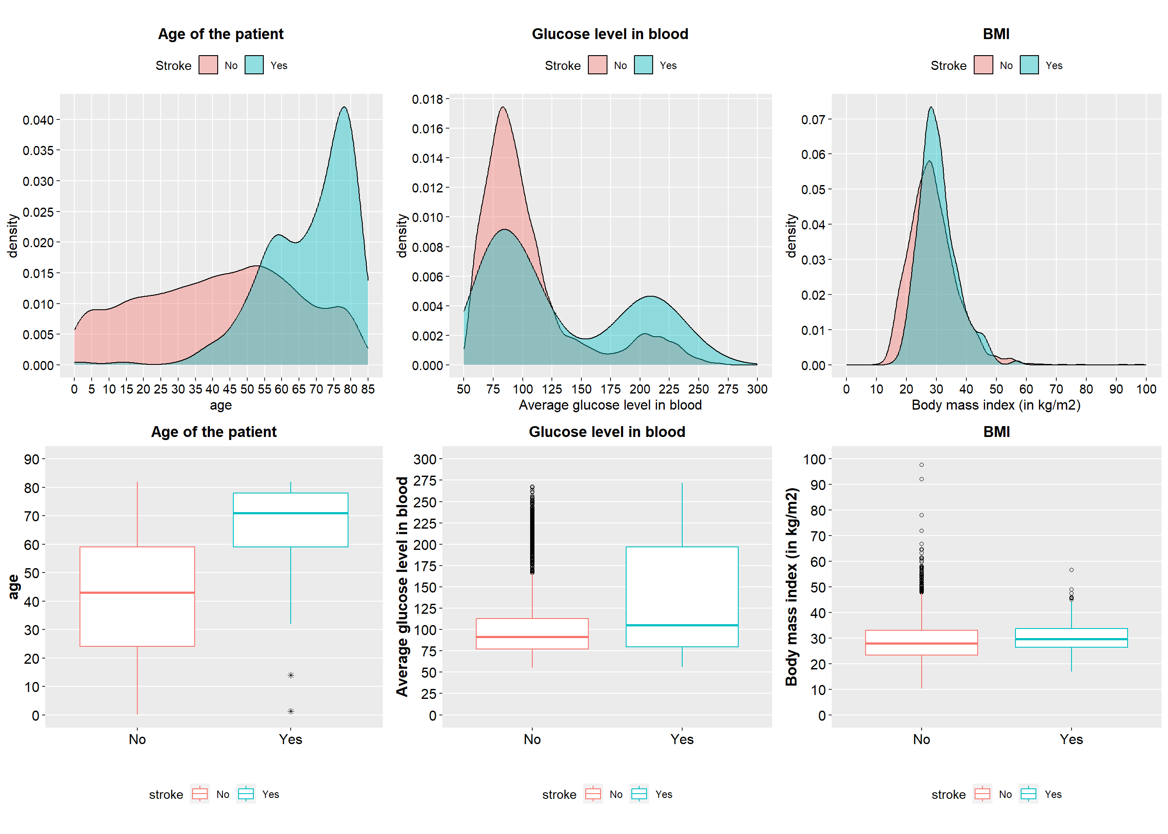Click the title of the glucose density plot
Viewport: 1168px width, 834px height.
pyautogui.click(x=610, y=34)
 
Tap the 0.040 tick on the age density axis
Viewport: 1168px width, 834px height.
pyautogui.click(x=39, y=120)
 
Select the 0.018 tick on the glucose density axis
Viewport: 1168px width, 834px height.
pyautogui.click(x=427, y=99)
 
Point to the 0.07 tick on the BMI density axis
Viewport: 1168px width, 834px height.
pyautogui.click(x=813, y=119)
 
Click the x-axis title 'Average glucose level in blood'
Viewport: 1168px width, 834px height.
pyautogui.click(x=610, y=405)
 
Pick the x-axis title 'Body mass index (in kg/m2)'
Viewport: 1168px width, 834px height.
pyautogui.click(x=995, y=405)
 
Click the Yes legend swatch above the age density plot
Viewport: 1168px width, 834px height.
pyautogui.click(x=254, y=65)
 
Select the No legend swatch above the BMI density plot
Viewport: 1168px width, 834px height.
pyautogui.click(x=982, y=65)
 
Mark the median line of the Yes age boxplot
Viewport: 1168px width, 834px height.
pyautogui.click(x=290, y=513)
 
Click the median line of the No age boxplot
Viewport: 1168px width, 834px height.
pyautogui.click(x=137, y=592)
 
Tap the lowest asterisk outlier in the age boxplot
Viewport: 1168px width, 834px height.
pyautogui.click(x=291, y=711)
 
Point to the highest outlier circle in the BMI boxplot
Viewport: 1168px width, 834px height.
pyautogui.click(x=922, y=465)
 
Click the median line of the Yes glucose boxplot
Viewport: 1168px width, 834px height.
pyautogui.click(x=682, y=625)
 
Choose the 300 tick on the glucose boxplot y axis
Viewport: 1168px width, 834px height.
pyautogui.click(x=425, y=459)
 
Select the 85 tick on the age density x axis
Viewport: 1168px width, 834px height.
pyautogui.click(x=368, y=389)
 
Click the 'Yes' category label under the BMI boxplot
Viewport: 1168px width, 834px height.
pyautogui.click(x=1071, y=739)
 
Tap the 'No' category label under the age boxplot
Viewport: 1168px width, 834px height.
pyautogui.click(x=137, y=739)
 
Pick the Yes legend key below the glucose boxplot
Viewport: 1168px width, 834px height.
pyautogui.click(x=639, y=794)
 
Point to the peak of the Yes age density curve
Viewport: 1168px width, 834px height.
pyautogui.click(x=344, y=107)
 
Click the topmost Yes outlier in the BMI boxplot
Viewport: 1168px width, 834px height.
pyautogui.click(x=1072, y=570)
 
